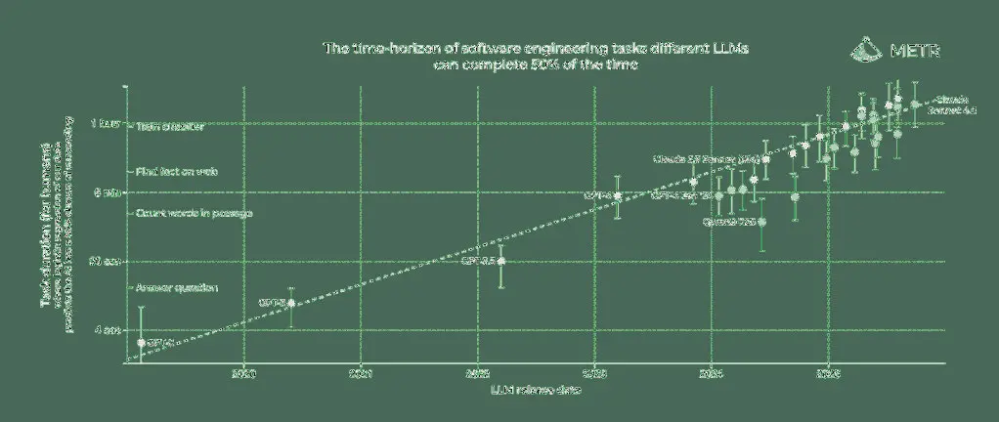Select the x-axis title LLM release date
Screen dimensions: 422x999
click(x=535, y=391)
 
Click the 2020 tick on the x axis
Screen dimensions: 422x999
click(x=244, y=372)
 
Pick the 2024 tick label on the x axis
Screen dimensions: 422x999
click(x=712, y=372)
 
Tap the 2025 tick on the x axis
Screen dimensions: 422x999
click(x=828, y=372)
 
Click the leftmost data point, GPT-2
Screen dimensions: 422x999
click(x=142, y=342)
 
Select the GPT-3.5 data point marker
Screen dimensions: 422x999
click(x=501, y=261)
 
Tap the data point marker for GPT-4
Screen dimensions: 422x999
click(x=618, y=196)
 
